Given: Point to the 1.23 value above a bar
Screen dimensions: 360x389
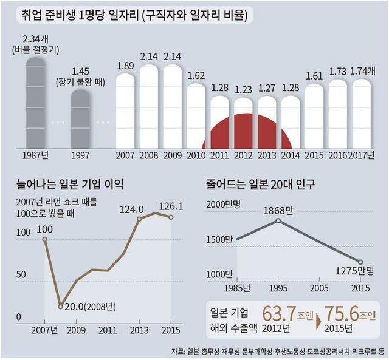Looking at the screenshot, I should coord(243,89).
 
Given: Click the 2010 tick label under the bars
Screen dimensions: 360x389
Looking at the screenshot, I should coord(196,155).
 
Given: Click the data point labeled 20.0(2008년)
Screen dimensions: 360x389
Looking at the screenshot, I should coord(60,306).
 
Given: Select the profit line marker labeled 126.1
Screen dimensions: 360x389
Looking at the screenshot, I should coord(171,217).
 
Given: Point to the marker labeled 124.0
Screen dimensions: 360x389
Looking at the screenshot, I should coord(140,219).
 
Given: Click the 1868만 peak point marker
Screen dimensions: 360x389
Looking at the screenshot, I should coord(278,220).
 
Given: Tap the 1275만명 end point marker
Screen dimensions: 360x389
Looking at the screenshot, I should coord(360,262).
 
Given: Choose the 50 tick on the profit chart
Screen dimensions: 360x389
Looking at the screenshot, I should coord(22,275).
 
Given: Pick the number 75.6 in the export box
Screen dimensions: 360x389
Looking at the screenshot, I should coord(342,314).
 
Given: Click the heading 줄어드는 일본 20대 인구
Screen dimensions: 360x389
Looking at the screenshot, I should coord(264,183).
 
